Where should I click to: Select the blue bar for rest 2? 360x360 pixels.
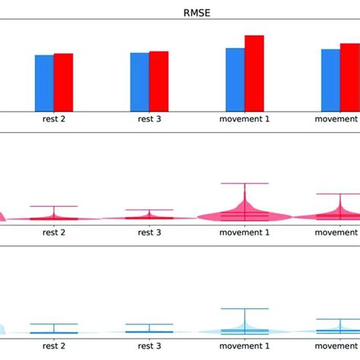click(x=44, y=83)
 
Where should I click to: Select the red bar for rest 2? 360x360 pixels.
click(x=63, y=82)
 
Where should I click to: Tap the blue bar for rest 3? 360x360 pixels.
click(x=140, y=81)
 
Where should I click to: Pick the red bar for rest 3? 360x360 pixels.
click(x=159, y=81)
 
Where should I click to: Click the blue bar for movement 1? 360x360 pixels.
click(x=235, y=79)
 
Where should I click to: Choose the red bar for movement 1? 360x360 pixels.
click(x=254, y=73)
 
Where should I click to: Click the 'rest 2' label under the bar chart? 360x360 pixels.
click(x=53, y=119)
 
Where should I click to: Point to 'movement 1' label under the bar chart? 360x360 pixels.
click(x=245, y=119)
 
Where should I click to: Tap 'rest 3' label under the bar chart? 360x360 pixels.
click(x=149, y=119)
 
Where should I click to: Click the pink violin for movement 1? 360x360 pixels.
click(x=245, y=215)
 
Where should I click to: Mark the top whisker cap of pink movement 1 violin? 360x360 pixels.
click(x=245, y=183)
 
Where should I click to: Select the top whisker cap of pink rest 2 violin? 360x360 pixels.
click(x=53, y=207)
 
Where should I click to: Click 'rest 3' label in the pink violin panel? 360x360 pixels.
click(x=149, y=232)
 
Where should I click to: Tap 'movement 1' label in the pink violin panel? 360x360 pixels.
click(x=245, y=232)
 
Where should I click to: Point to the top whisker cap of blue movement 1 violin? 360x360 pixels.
click(x=245, y=308)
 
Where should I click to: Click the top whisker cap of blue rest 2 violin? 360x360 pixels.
click(x=53, y=324)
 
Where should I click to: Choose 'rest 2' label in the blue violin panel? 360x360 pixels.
click(x=53, y=346)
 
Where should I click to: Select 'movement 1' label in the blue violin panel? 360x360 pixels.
click(x=245, y=346)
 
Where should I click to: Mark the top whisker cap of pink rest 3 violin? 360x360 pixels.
click(x=149, y=210)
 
